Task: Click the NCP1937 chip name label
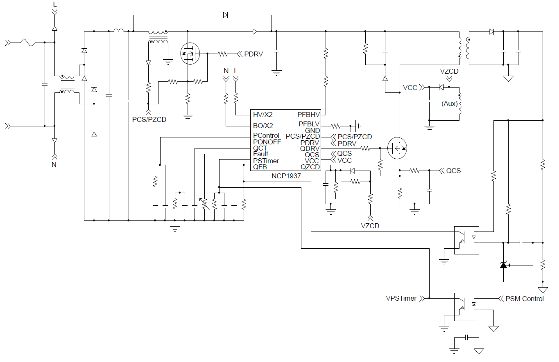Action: (x=286, y=176)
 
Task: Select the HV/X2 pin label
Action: (x=263, y=115)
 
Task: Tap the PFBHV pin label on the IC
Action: (x=308, y=115)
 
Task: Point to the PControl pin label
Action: (x=266, y=135)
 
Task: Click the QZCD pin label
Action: (x=310, y=167)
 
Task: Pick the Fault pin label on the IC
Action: (x=261, y=154)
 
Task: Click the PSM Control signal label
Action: (x=525, y=299)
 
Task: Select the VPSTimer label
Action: (x=401, y=299)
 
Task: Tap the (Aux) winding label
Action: (x=449, y=103)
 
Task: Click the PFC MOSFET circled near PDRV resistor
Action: (x=190, y=54)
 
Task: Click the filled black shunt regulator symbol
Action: (x=503, y=265)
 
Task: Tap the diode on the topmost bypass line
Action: (x=226, y=15)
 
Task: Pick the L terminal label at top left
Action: (x=55, y=4)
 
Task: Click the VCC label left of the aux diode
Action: (x=410, y=88)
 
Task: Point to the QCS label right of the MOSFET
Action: (x=453, y=171)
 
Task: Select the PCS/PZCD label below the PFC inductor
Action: (x=149, y=119)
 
